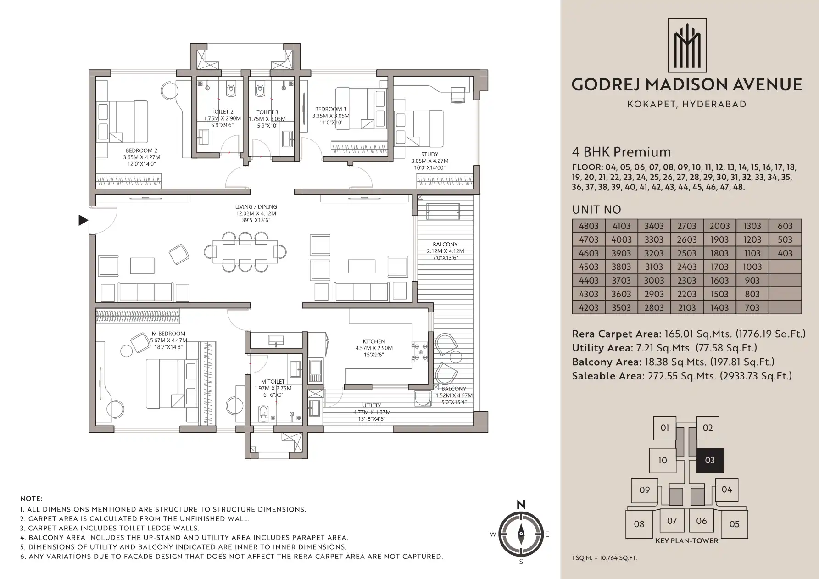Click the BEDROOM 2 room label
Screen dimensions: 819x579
(142, 150)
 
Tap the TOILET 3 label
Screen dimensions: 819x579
(267, 112)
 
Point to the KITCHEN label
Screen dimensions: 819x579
(374, 341)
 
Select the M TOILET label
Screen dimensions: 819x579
(273, 381)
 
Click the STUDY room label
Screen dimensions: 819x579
(429, 155)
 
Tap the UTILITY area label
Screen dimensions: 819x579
(372, 406)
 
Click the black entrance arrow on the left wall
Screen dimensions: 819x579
(83, 220)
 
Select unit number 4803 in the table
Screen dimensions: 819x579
(589, 226)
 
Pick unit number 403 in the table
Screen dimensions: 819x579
(785, 253)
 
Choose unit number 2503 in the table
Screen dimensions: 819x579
(687, 253)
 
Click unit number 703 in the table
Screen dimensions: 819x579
(752, 308)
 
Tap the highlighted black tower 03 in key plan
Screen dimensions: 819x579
(710, 460)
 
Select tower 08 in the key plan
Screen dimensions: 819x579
(639, 524)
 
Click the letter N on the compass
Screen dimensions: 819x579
(521, 505)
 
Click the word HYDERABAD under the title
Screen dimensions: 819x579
(714, 104)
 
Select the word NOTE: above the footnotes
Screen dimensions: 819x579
(31, 499)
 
